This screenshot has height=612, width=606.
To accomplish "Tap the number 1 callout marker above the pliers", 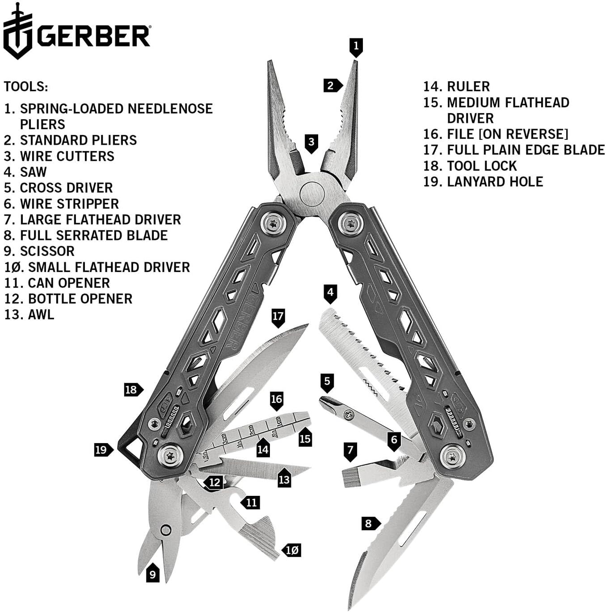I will (356, 46).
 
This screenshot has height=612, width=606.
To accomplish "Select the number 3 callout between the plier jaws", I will (311, 143).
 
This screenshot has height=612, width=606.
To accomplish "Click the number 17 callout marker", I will (278, 317).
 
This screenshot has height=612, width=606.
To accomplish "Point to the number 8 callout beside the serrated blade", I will (369, 523).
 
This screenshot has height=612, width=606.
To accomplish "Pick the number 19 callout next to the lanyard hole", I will (102, 449).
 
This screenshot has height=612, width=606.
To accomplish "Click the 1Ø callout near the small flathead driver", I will (292, 550).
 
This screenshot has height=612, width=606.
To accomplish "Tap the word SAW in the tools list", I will (33, 172).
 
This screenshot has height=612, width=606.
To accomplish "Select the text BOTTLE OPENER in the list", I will (80, 298).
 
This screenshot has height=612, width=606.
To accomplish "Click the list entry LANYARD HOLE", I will (495, 181).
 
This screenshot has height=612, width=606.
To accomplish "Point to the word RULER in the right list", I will (468, 86).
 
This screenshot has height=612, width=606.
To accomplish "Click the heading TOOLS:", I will (26, 86).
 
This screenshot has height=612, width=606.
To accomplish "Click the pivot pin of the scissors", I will (166, 530).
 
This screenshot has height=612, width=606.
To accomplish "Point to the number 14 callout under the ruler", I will (263, 449).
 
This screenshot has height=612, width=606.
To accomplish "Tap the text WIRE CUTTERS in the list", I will (67, 156).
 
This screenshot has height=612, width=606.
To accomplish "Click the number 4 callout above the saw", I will (330, 293).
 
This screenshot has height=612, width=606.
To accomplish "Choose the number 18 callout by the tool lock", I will (131, 390).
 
